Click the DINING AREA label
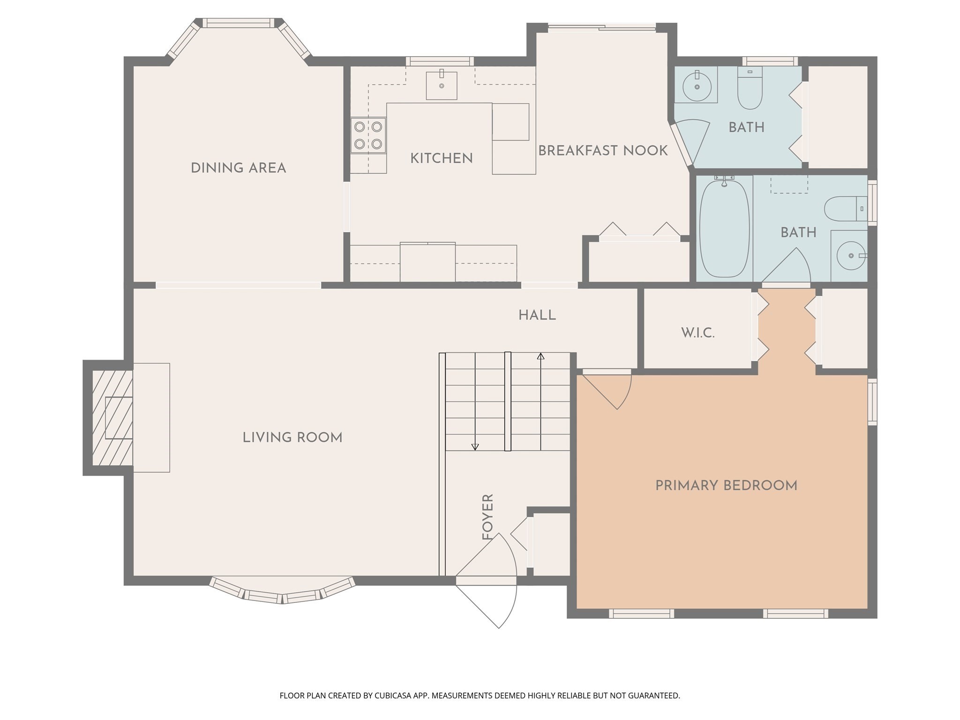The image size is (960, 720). [x=238, y=168]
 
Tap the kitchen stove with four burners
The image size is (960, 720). [x=368, y=135]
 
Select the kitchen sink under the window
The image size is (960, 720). [x=441, y=85]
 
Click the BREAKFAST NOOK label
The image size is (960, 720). [x=603, y=151]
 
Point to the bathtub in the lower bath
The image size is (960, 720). [x=724, y=229]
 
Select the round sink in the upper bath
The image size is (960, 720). [x=697, y=87]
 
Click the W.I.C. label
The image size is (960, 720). [x=697, y=333]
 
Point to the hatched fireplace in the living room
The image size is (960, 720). [x=112, y=418]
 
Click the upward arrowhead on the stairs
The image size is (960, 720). [x=540, y=356]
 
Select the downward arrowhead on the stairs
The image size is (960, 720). [x=475, y=447]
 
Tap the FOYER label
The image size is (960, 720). [x=488, y=517]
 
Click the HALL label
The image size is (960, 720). [x=537, y=315]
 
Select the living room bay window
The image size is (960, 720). [x=282, y=593]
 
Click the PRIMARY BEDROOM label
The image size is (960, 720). [x=726, y=486]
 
